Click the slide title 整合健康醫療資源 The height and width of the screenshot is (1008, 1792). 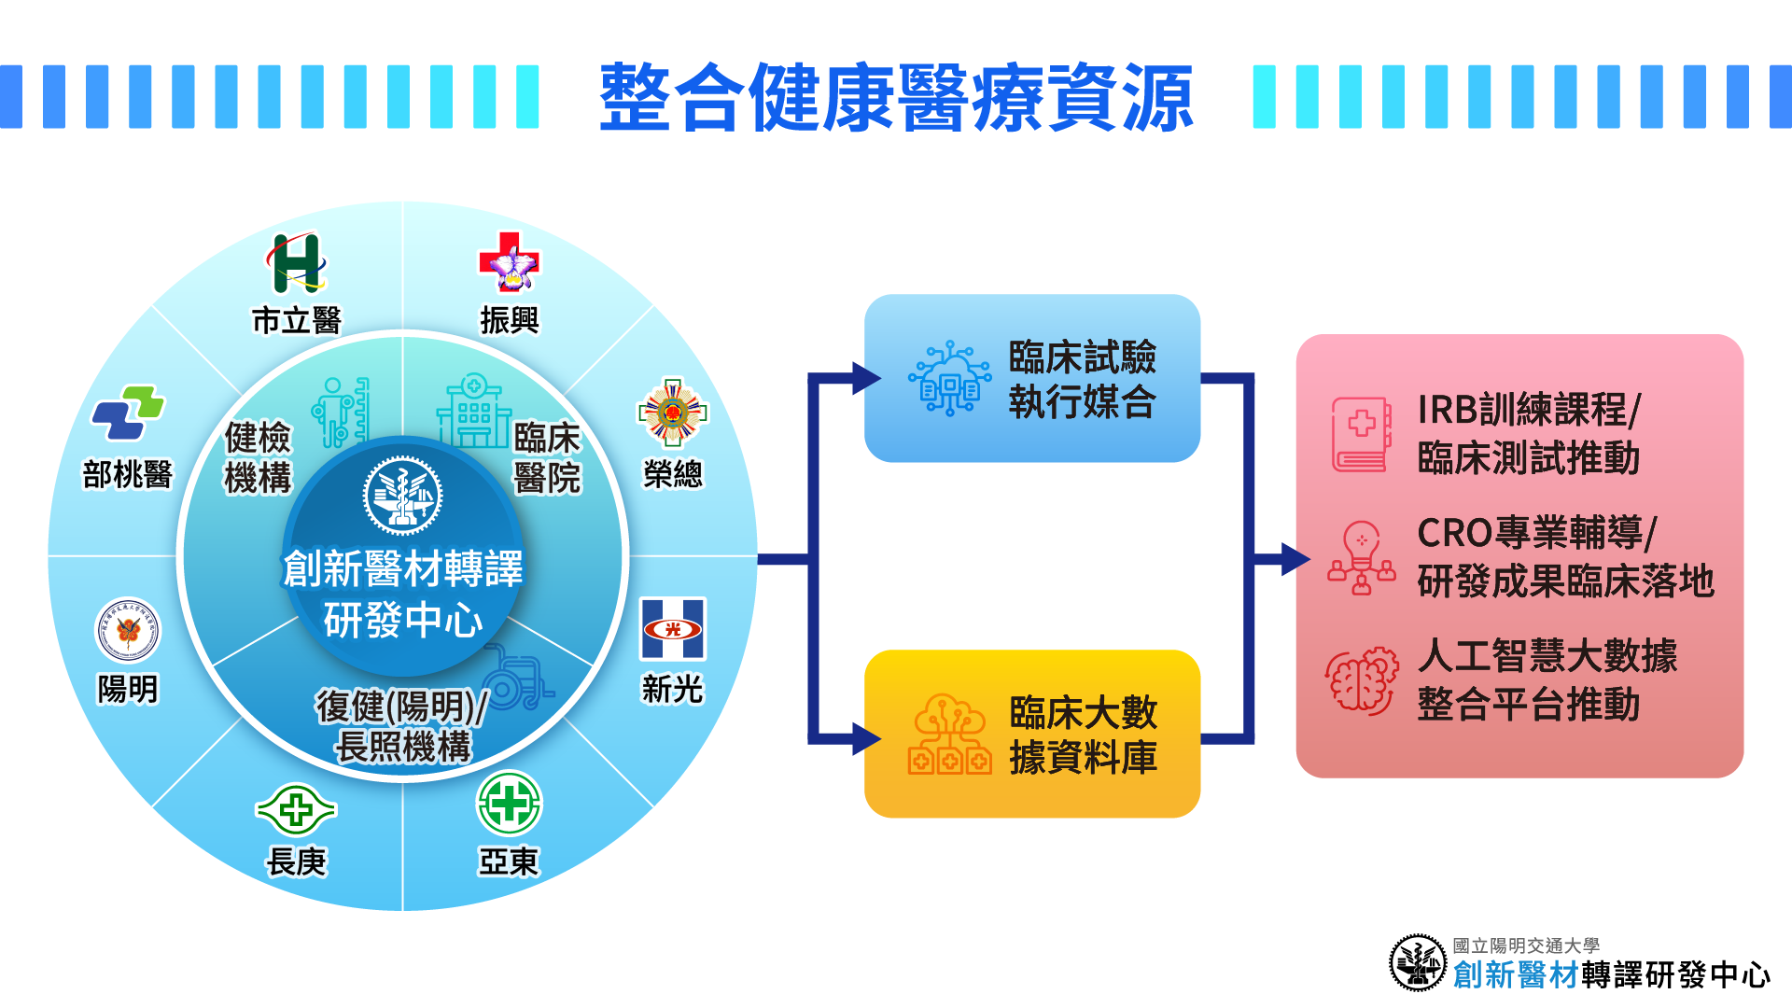click(896, 97)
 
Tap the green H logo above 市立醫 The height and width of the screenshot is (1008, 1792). click(297, 263)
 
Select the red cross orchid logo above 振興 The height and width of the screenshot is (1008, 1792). click(509, 262)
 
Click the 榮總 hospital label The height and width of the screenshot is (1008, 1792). click(672, 474)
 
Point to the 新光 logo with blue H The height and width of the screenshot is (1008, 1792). click(672, 629)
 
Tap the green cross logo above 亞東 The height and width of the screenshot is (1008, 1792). click(509, 803)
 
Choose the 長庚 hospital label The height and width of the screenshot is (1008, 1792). click(297, 861)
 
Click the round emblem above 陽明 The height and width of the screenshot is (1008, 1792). click(128, 631)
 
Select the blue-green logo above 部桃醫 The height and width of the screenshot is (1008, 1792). click(128, 413)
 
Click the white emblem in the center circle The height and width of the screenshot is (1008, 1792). click(402, 496)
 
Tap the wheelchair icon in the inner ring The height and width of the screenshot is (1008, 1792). click(515, 678)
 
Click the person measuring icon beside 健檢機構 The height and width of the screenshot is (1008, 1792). click(342, 412)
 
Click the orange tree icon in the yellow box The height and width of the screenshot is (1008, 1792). click(950, 735)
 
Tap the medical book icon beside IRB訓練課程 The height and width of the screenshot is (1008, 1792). click(1362, 434)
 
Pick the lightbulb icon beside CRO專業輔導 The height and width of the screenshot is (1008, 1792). click(1362, 558)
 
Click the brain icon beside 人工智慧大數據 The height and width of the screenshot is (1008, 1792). click(1362, 680)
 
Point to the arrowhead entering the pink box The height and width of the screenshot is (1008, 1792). click(1295, 559)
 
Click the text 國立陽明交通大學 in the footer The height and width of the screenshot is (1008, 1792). click(1526, 946)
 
